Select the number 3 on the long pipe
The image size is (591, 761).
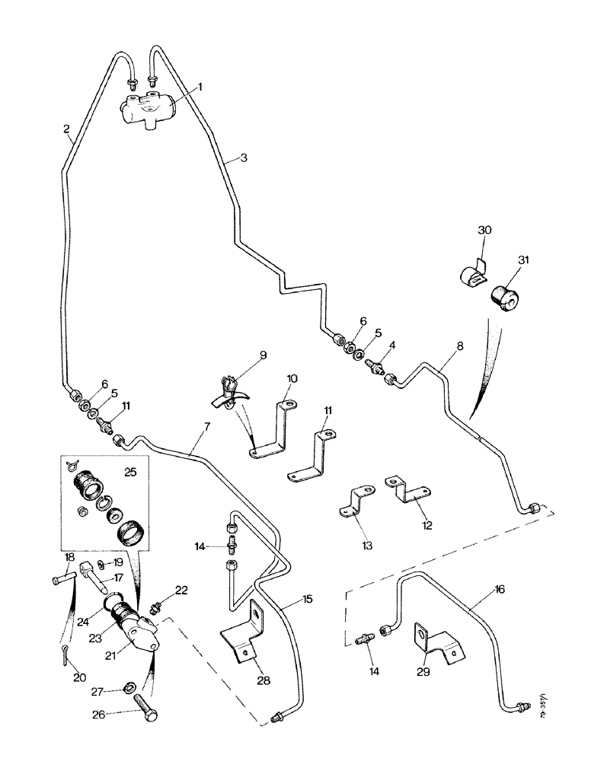point(243,158)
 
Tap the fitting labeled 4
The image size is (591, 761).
point(374,367)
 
